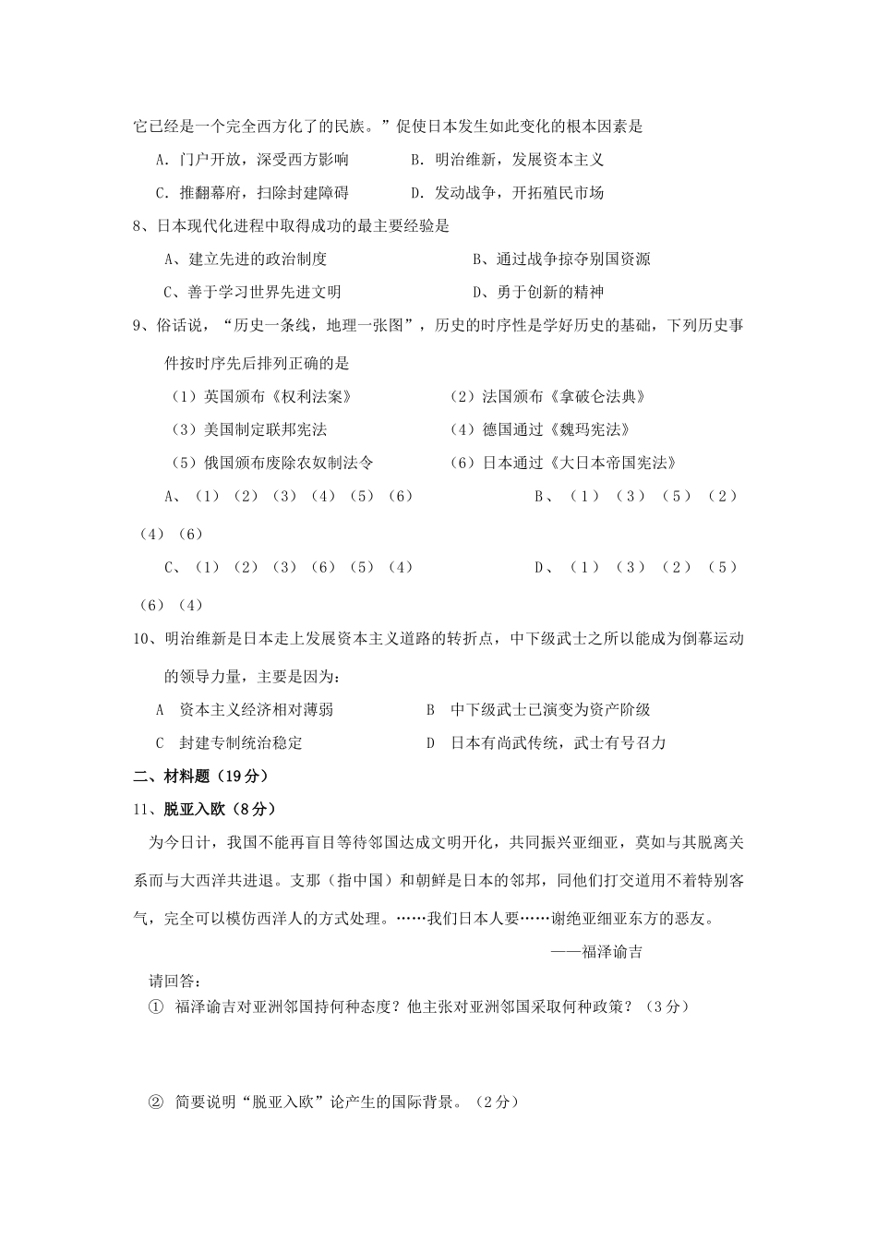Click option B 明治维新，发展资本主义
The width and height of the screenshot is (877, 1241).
(x=507, y=160)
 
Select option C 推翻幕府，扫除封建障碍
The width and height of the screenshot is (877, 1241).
(x=251, y=193)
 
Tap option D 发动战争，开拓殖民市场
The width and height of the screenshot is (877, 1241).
(x=507, y=193)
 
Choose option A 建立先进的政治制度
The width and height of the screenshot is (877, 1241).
(x=246, y=259)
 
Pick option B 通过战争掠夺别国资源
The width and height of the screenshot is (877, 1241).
(x=561, y=259)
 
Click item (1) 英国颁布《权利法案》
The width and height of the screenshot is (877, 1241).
(x=262, y=397)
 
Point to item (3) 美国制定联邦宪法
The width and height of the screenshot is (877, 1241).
(x=249, y=430)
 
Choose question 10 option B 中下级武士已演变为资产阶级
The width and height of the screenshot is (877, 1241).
(x=537, y=710)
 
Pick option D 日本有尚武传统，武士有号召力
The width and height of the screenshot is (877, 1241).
(x=546, y=743)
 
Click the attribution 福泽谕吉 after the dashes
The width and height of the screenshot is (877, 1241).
(x=612, y=952)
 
